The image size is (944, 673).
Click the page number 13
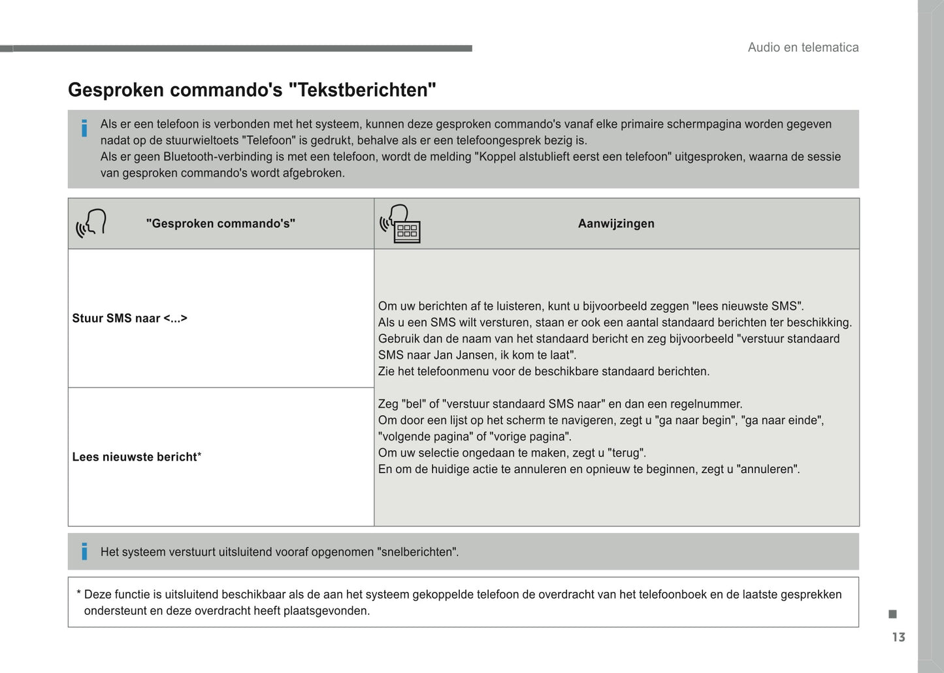[x=898, y=637]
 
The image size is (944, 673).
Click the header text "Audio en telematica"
[x=803, y=47]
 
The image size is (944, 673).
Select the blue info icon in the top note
[x=84, y=129]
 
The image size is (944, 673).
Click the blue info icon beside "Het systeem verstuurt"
[x=84, y=551]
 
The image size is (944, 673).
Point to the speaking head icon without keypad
[x=91, y=223]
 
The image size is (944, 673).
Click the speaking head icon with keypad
[x=400, y=223]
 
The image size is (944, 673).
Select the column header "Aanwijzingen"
[x=616, y=223]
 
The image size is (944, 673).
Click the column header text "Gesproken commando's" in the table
[x=221, y=223]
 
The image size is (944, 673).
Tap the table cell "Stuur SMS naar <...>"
[x=129, y=318]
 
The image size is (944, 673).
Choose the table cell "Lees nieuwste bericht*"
[x=137, y=457]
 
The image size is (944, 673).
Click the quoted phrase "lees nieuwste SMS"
[x=747, y=306]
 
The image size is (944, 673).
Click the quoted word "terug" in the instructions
[x=627, y=453]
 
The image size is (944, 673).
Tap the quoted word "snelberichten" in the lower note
[x=417, y=551]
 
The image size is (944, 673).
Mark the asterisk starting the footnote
[x=78, y=594]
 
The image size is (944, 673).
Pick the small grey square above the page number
[x=892, y=614]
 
